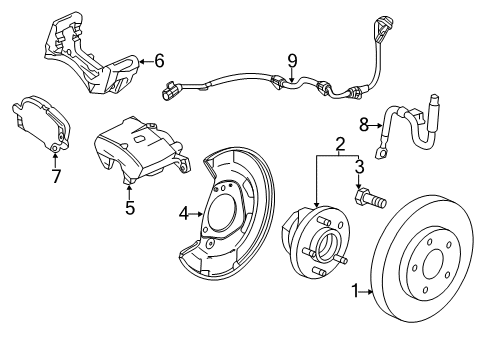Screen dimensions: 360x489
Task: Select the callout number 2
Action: coord(341,146)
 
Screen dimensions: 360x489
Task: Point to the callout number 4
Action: coord(183,211)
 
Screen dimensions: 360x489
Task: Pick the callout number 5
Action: coord(129,208)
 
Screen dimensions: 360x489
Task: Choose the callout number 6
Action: coord(157,60)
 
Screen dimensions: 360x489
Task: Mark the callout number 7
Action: coord(57,176)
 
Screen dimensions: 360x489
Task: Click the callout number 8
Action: coord(365,125)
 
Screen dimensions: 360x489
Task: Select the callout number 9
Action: coord(292,60)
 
